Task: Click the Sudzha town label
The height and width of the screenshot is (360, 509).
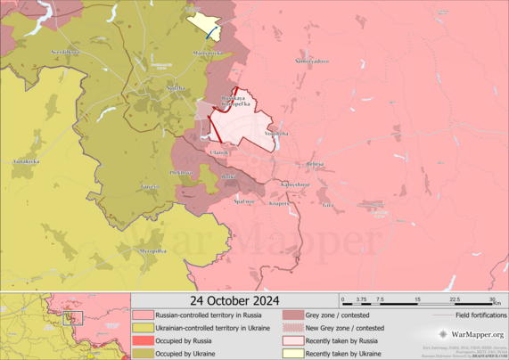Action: pos(177,88)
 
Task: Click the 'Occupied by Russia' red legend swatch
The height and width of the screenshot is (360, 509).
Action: pos(143,340)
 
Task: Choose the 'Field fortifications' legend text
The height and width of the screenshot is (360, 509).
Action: pos(477,315)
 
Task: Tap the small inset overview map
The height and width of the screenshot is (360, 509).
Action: pos(65,325)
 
